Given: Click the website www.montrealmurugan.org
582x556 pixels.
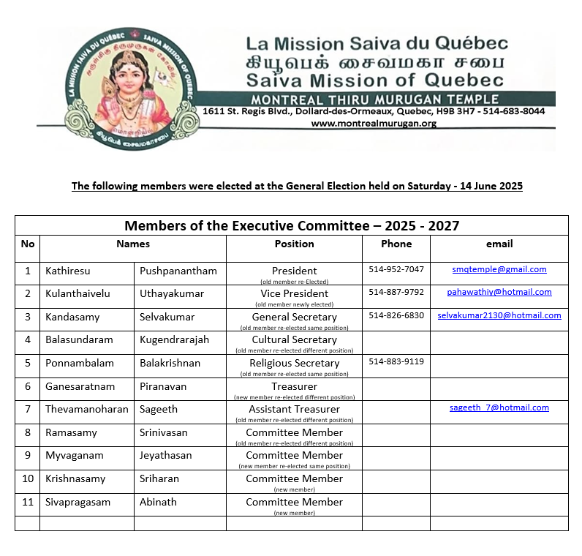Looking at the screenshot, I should tap(374, 124).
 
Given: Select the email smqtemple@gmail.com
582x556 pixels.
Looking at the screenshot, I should tap(499, 269).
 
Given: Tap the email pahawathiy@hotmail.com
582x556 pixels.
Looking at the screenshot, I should tap(499, 292).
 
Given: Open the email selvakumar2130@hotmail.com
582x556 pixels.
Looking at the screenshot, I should tap(499, 315).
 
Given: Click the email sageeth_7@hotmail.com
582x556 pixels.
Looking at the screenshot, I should tap(499, 407).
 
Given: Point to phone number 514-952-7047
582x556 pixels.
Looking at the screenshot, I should tap(396, 269).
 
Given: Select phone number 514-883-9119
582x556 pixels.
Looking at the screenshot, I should tap(396, 361).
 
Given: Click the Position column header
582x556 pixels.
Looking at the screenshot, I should tap(294, 244).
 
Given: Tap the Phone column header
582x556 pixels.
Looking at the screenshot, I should tap(396, 244).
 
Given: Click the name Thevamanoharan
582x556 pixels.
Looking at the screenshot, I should tap(86, 409).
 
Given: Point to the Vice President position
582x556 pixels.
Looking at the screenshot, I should tap(294, 293).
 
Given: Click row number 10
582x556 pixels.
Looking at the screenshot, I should tap(28, 478).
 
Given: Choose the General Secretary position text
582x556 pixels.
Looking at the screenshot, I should tap(294, 317).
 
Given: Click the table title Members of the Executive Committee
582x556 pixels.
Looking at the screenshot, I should tap(292, 225).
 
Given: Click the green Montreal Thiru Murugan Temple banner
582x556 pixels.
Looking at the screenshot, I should tap(374, 99).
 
